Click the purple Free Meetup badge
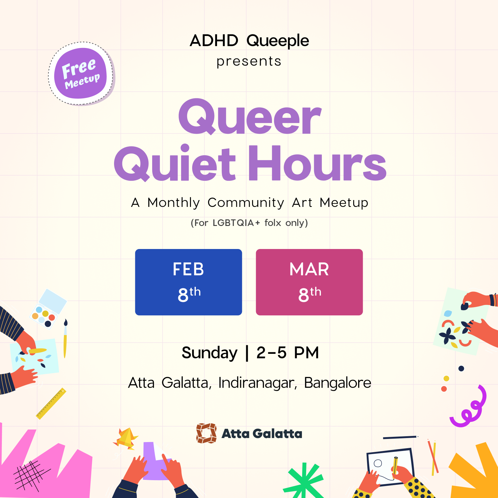click(x=81, y=74)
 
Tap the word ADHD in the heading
click(x=214, y=41)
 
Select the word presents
click(x=249, y=61)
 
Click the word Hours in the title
click(x=317, y=164)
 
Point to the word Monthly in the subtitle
click(x=174, y=203)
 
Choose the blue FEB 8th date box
click(x=188, y=282)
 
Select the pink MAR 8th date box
click(x=309, y=282)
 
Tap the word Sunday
click(x=209, y=353)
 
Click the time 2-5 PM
click(x=288, y=353)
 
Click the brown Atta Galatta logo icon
click(x=206, y=433)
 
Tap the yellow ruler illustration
click(x=51, y=403)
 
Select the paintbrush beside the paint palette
click(x=65, y=338)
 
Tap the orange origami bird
click(x=126, y=438)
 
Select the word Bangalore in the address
click(x=338, y=383)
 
